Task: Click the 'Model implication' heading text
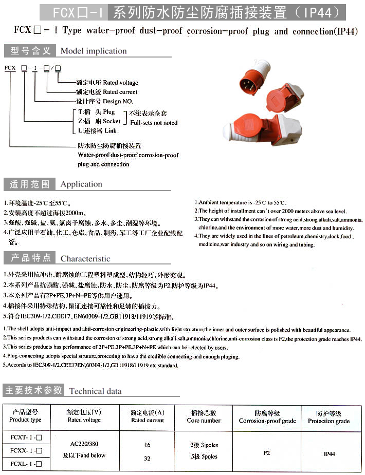(93, 51)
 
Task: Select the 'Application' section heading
(81, 184)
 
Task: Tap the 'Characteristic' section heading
(85, 258)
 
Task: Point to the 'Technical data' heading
(96, 391)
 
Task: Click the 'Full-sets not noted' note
(153, 123)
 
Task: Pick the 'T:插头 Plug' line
(96, 112)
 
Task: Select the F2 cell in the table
(267, 453)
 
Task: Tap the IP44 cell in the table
(329, 454)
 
